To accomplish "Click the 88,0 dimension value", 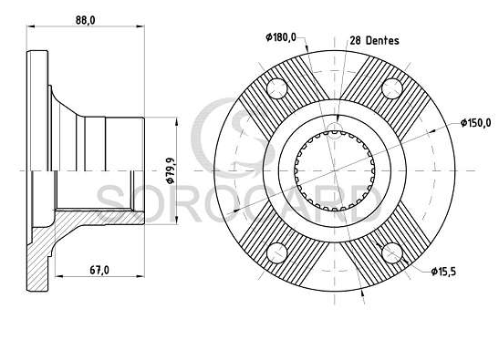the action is [85, 20].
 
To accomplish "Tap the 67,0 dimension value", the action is [99, 271].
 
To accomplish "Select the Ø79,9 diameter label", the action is [171, 170].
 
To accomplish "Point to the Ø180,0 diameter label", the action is [281, 37].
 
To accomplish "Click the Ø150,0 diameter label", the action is [476, 122].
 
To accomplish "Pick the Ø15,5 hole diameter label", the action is [443, 272].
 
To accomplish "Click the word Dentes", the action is [382, 40].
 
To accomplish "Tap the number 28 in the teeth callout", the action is [356, 40].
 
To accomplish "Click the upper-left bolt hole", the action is [277, 88].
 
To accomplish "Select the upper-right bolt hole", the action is [392, 88].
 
